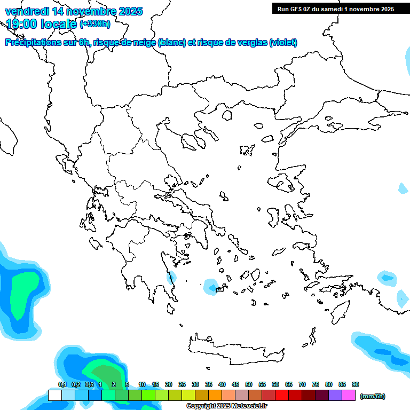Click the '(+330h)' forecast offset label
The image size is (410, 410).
pos(95,24)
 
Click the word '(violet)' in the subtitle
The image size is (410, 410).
pos(283,43)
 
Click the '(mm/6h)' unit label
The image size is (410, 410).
pos(373,396)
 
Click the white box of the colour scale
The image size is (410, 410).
pos(55,396)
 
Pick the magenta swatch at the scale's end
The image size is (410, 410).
pos(349,396)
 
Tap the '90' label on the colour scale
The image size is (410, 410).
pos(356,384)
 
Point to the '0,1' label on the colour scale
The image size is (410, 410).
pos(62,384)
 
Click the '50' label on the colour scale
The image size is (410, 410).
pos(249,384)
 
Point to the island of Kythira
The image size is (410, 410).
pos(170,309)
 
